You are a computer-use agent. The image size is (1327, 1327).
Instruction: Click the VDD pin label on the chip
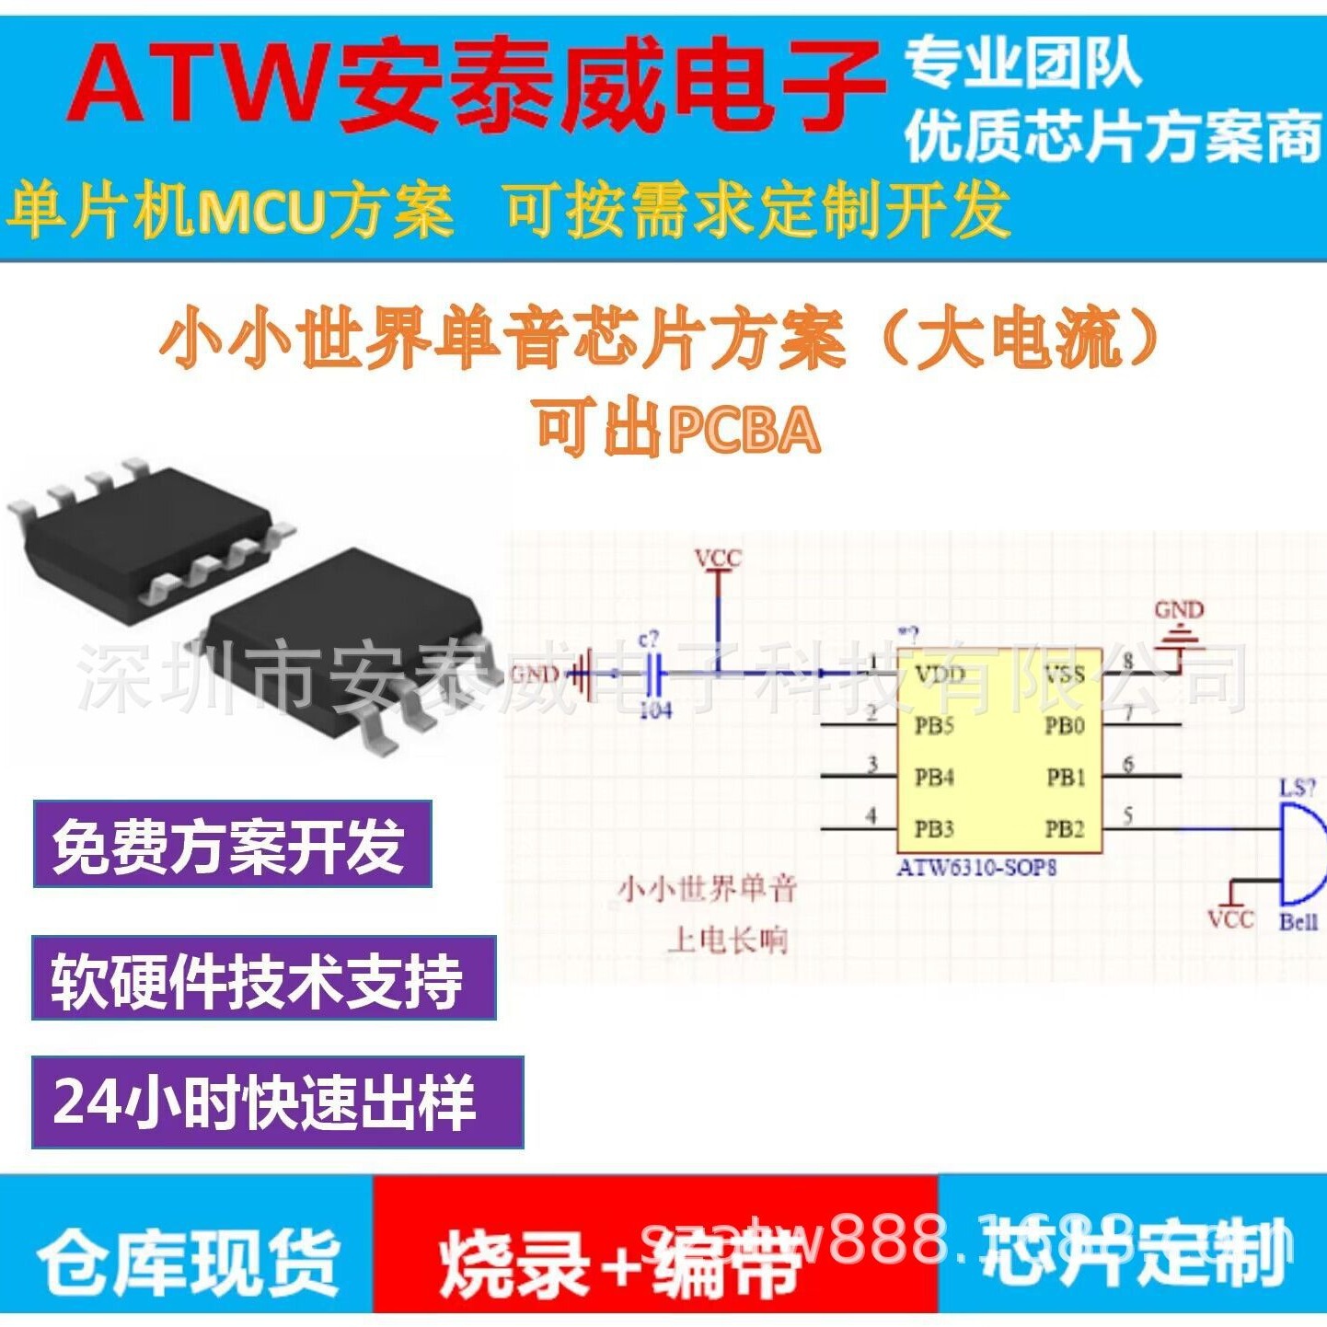(x=940, y=675)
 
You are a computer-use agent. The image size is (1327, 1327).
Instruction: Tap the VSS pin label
(x=1065, y=675)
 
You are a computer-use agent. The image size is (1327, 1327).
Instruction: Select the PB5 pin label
(x=934, y=726)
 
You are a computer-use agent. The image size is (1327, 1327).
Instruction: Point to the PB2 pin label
(x=1065, y=829)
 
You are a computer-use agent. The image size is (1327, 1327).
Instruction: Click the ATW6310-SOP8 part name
(x=976, y=867)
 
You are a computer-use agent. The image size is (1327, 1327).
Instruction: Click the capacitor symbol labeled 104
(x=652, y=677)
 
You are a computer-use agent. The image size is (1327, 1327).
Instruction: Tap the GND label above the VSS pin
(x=1179, y=610)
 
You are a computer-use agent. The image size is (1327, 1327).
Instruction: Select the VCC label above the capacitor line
(x=718, y=559)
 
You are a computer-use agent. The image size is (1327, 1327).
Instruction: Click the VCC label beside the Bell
(x=1230, y=919)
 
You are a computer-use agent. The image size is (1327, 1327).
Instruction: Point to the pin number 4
(x=871, y=815)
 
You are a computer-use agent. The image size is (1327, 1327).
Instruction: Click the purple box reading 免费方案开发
(x=232, y=844)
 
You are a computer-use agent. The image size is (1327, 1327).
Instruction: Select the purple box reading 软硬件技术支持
(x=263, y=978)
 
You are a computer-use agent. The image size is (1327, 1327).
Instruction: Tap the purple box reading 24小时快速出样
(x=277, y=1102)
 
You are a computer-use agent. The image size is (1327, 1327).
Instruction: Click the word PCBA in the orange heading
(x=744, y=430)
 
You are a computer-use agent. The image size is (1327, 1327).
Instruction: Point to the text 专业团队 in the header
(x=1022, y=63)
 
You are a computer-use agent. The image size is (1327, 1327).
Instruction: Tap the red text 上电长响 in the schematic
(x=727, y=940)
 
